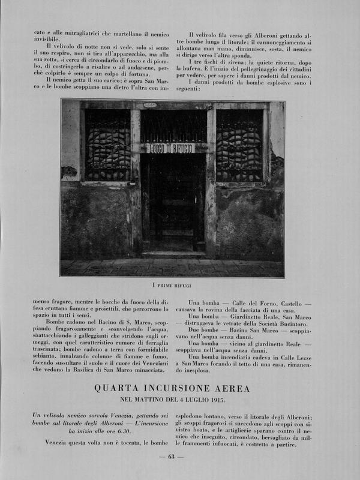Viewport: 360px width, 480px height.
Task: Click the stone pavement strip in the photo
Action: (172, 268)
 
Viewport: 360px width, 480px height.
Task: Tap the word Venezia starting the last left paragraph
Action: (58, 443)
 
